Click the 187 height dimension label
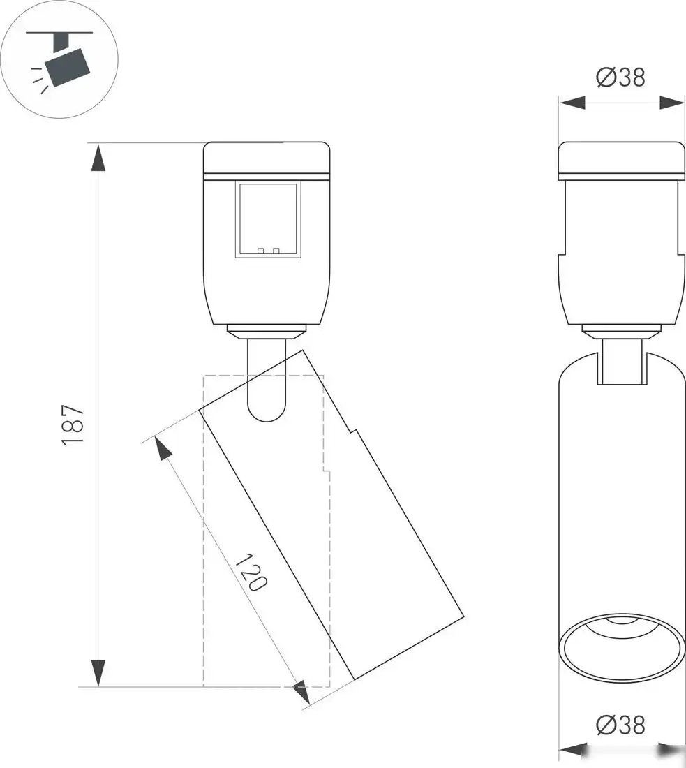[x=73, y=424]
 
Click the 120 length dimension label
[x=251, y=572]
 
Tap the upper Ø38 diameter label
[x=621, y=77]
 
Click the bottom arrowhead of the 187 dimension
[x=98, y=673]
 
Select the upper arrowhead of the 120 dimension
[x=162, y=448]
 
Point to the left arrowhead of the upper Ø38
[x=571, y=103]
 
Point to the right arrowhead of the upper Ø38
[x=672, y=103]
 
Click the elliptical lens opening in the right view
[x=621, y=649]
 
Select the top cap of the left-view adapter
[x=266, y=157]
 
